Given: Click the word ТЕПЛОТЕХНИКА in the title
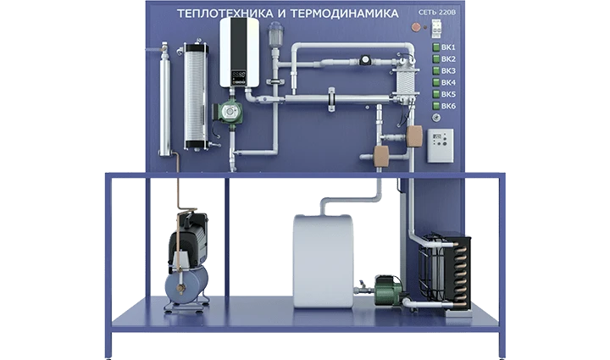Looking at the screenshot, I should (x=225, y=15).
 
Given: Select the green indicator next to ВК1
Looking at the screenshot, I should (x=436, y=47).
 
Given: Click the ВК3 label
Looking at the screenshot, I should (x=449, y=71).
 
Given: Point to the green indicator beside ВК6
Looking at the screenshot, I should (x=436, y=106).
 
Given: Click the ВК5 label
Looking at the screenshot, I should (x=449, y=94).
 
